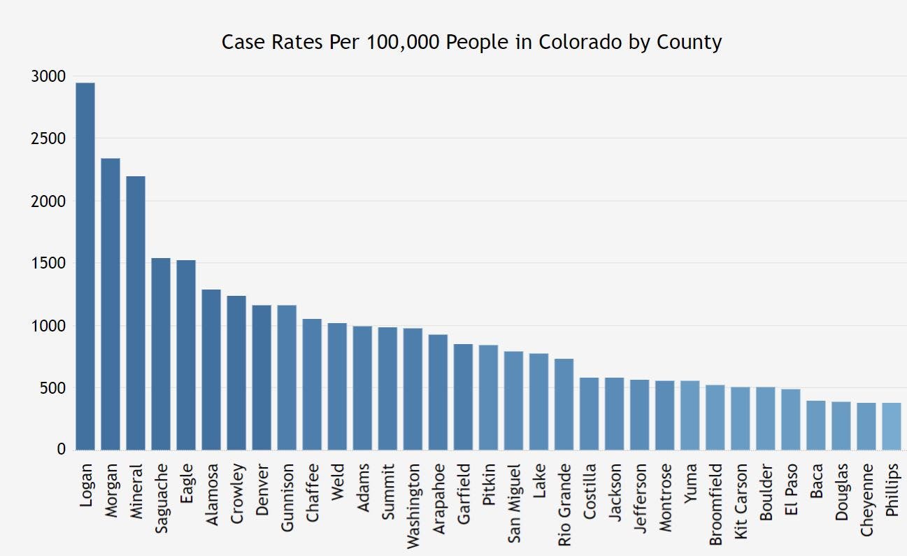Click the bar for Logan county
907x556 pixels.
coord(85,266)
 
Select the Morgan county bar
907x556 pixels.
coord(110,304)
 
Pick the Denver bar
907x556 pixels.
coord(262,378)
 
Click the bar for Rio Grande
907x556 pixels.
coord(564,404)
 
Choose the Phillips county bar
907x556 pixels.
coord(891,427)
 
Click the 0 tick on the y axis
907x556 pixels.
coord(62,450)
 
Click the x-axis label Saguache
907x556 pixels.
coord(162,499)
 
